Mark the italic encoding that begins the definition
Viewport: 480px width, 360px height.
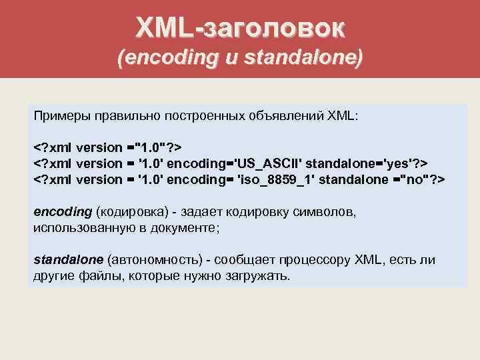point(62,211)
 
